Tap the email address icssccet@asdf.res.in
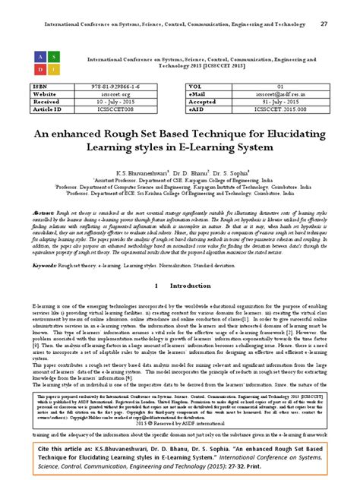(280, 95)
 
